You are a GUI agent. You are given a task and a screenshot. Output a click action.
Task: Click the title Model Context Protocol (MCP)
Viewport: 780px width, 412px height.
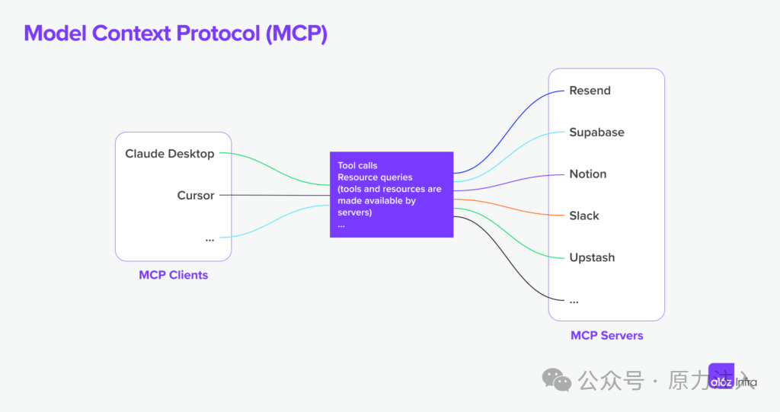click(175, 34)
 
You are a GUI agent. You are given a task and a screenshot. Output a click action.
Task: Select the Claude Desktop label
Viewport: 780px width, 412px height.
click(170, 154)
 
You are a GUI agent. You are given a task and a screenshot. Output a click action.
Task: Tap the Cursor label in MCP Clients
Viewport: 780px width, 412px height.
click(196, 196)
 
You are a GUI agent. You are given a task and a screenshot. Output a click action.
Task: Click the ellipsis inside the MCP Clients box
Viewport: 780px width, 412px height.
click(209, 239)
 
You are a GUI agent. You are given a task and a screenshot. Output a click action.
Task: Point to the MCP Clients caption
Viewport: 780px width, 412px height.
click(173, 275)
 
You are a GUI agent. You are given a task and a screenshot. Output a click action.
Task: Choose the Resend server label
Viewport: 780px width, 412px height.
click(590, 91)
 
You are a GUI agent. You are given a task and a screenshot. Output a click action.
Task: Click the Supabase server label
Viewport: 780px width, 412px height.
click(596, 133)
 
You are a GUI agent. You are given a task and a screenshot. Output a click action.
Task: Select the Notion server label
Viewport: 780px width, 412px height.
click(587, 174)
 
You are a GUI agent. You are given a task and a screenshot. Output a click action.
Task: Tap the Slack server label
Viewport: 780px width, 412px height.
click(584, 216)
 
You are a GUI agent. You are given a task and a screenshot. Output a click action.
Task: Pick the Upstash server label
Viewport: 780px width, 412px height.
click(592, 258)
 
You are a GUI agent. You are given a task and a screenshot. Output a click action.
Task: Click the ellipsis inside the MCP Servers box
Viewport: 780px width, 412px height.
click(574, 300)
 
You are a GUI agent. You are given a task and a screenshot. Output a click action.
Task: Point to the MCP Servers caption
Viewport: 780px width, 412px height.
click(606, 335)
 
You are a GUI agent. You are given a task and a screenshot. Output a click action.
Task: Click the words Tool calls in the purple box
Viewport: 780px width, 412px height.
click(357, 165)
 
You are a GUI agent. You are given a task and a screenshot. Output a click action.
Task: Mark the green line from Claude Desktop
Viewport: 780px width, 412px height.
click(274, 171)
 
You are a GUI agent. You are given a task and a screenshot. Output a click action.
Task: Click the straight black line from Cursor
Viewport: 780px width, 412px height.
click(274, 196)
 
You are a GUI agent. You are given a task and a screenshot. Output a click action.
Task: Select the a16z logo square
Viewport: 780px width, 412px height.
click(721, 376)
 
